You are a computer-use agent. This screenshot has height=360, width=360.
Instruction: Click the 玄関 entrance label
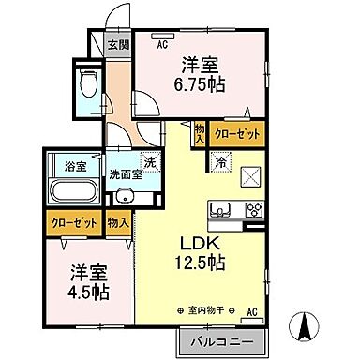pos(116,45)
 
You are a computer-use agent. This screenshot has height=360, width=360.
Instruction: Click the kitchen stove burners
pos(252,208)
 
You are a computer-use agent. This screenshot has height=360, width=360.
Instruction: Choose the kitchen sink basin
pos(221,208)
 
